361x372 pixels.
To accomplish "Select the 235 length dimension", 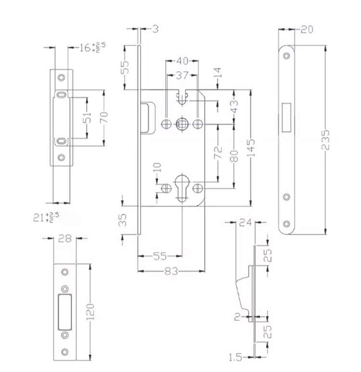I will coord(326,140).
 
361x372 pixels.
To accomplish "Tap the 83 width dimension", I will coord(171,271).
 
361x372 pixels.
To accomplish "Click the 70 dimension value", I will coord(103,117).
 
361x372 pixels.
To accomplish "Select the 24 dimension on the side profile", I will coord(245,223).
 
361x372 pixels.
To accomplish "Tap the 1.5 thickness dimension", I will coord(236,357).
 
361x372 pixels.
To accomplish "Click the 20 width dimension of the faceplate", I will coord(306,30).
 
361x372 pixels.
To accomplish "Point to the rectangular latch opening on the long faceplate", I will coord(286,117).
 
